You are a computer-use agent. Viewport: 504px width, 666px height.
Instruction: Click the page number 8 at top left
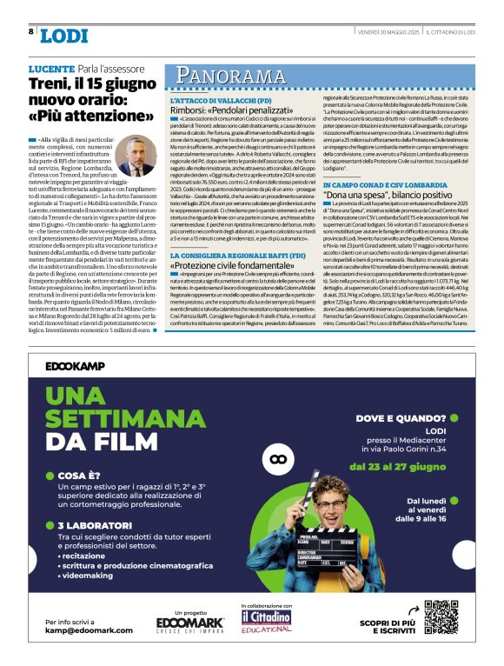coord(31,32)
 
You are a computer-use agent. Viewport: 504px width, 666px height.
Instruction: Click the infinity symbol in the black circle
coord(278,458)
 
